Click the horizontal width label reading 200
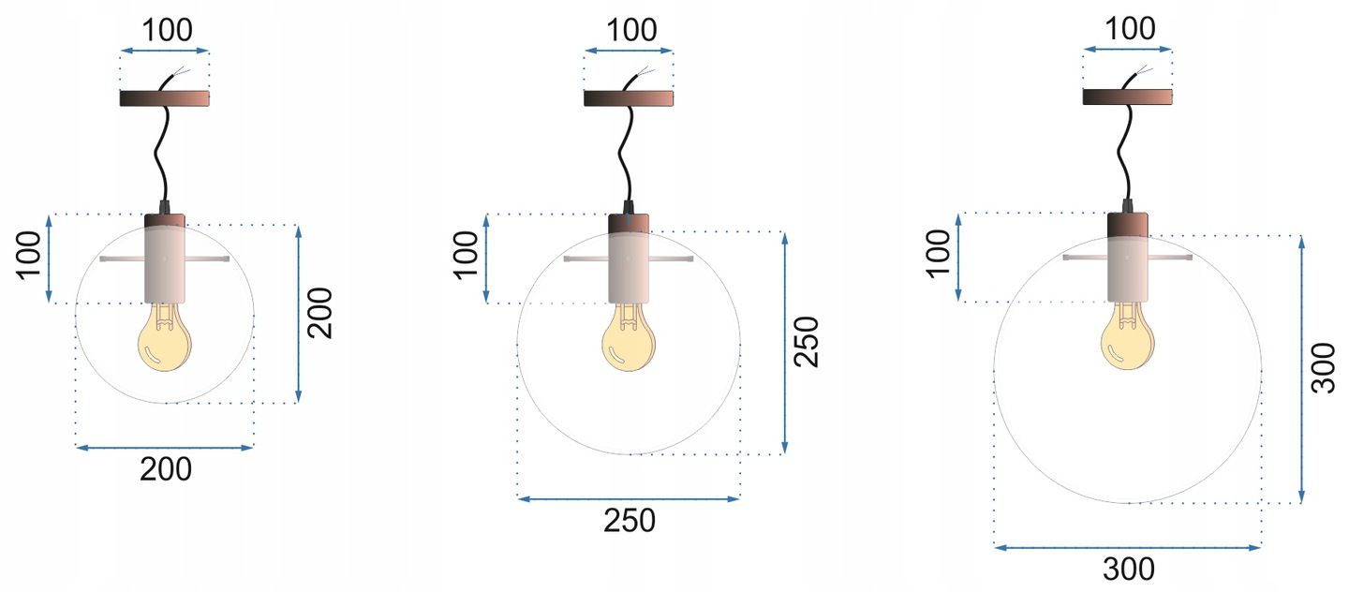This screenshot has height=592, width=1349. click(165, 469)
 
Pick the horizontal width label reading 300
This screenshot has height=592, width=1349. click(1128, 569)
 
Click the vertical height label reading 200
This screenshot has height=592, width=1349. click(319, 313)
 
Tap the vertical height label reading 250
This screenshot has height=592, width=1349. click(806, 341)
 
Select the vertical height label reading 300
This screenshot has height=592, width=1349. click(1323, 368)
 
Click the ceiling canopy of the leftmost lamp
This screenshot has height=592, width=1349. click(165, 98)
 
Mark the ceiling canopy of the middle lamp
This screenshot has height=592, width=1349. click(629, 98)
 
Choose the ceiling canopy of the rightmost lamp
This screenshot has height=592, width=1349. click(1128, 96)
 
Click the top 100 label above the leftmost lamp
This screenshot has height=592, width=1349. click(165, 30)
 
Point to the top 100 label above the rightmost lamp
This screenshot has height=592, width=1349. click(1128, 29)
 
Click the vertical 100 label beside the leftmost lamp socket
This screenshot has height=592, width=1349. click(27, 258)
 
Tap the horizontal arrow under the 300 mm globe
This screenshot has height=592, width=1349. click(1128, 547)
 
